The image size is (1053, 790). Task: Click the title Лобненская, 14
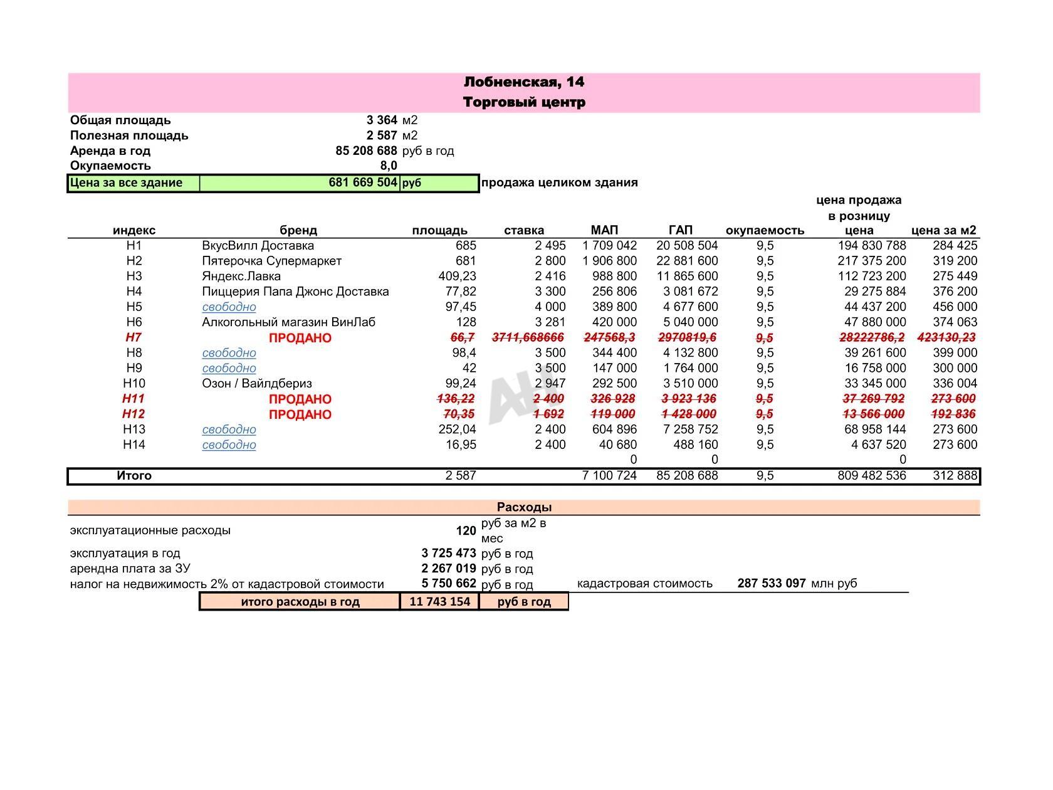coord(524,82)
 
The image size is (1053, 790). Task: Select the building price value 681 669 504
coord(362,182)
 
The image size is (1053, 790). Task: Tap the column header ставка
coord(524,230)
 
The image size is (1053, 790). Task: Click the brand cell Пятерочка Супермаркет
coord(271,261)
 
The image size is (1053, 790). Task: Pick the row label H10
coord(134,383)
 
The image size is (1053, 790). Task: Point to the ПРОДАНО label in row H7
coord(300,338)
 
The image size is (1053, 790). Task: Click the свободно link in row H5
coord(229,307)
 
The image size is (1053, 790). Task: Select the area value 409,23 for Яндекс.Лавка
coord(457,276)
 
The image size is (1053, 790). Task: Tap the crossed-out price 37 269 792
coord(873,399)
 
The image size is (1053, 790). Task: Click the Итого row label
coord(134,475)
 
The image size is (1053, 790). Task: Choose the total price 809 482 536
coord(871,475)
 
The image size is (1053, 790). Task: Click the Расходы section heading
coord(524,507)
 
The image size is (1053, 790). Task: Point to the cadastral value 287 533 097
coord(771,583)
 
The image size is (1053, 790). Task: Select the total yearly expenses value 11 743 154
coord(439,601)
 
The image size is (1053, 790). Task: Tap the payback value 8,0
coord(389,166)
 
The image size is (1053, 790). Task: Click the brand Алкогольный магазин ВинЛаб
coord(288,322)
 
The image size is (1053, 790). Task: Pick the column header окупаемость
coord(765,230)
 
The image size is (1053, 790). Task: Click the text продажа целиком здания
coord(559,182)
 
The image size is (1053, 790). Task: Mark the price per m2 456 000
coord(954,307)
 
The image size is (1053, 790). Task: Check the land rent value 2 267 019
coord(449,569)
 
